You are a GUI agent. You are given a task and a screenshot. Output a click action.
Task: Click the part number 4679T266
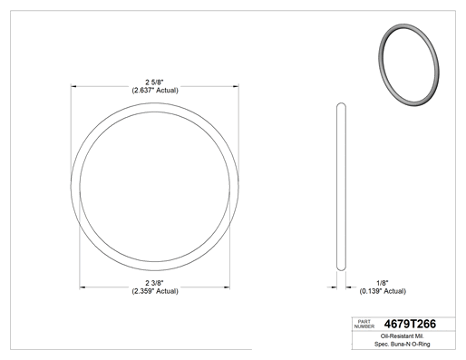coord(410,324)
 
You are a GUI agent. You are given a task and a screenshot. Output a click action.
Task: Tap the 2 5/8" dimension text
coord(154,83)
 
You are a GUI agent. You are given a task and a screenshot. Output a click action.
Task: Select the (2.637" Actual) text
coord(155,91)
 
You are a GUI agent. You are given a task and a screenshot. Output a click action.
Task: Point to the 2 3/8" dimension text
coord(154,283)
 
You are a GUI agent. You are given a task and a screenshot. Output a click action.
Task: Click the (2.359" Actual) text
coord(155,291)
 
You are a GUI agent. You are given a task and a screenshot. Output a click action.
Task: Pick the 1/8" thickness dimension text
coord(383,283)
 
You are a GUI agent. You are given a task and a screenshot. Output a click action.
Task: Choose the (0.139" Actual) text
coord(383,291)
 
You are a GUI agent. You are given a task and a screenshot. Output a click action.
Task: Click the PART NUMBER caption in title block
coord(364,324)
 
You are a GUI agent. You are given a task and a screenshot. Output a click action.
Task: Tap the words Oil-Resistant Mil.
coord(403,336)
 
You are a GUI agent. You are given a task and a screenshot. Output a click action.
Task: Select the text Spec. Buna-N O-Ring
coord(403,344)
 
